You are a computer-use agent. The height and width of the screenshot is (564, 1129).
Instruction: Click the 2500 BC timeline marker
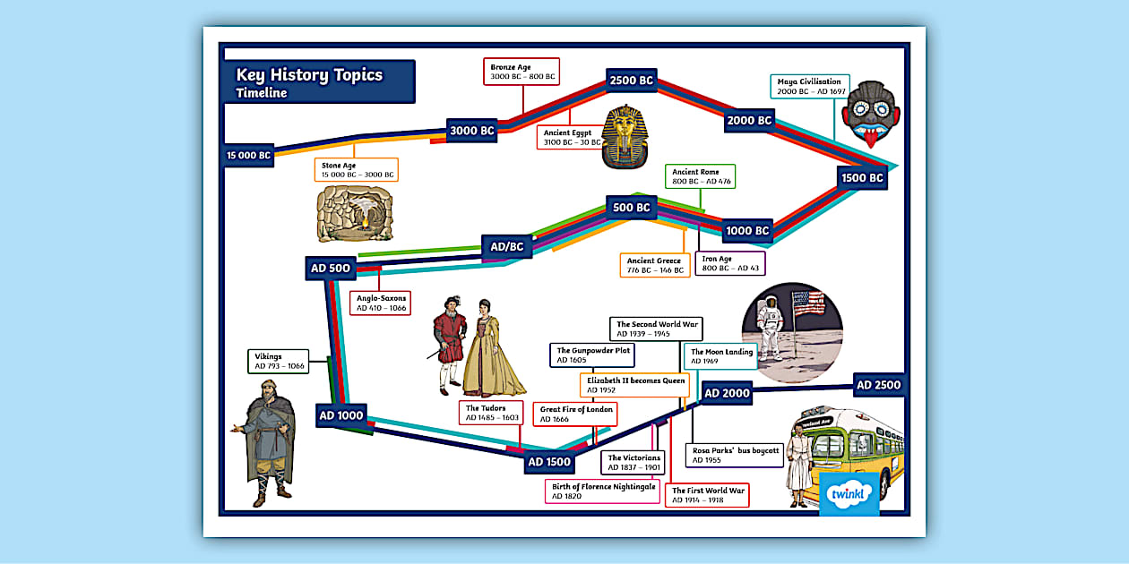(632, 81)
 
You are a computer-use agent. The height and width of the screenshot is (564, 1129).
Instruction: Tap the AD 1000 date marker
(341, 415)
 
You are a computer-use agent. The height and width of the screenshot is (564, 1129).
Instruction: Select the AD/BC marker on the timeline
(507, 246)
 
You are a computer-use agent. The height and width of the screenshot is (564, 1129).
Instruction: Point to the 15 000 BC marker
(248, 155)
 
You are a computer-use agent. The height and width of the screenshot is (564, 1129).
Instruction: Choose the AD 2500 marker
(878, 385)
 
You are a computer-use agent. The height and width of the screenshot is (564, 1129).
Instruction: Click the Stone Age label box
(357, 170)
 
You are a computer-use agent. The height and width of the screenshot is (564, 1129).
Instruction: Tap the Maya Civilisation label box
(809, 87)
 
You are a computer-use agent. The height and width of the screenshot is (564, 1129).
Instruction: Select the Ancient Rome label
(702, 176)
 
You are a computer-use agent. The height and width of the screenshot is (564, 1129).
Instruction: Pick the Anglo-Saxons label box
(381, 303)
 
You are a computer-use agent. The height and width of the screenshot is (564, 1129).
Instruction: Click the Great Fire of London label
(576, 414)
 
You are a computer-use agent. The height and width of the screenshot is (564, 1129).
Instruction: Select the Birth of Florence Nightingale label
(604, 491)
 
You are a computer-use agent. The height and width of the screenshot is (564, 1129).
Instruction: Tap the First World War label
(708, 495)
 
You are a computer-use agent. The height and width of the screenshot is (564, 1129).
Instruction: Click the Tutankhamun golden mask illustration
(625, 136)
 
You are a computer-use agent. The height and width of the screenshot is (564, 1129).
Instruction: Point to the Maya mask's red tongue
(869, 137)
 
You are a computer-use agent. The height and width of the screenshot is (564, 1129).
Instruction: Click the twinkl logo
(849, 494)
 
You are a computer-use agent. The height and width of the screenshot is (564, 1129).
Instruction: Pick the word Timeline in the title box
(262, 93)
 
